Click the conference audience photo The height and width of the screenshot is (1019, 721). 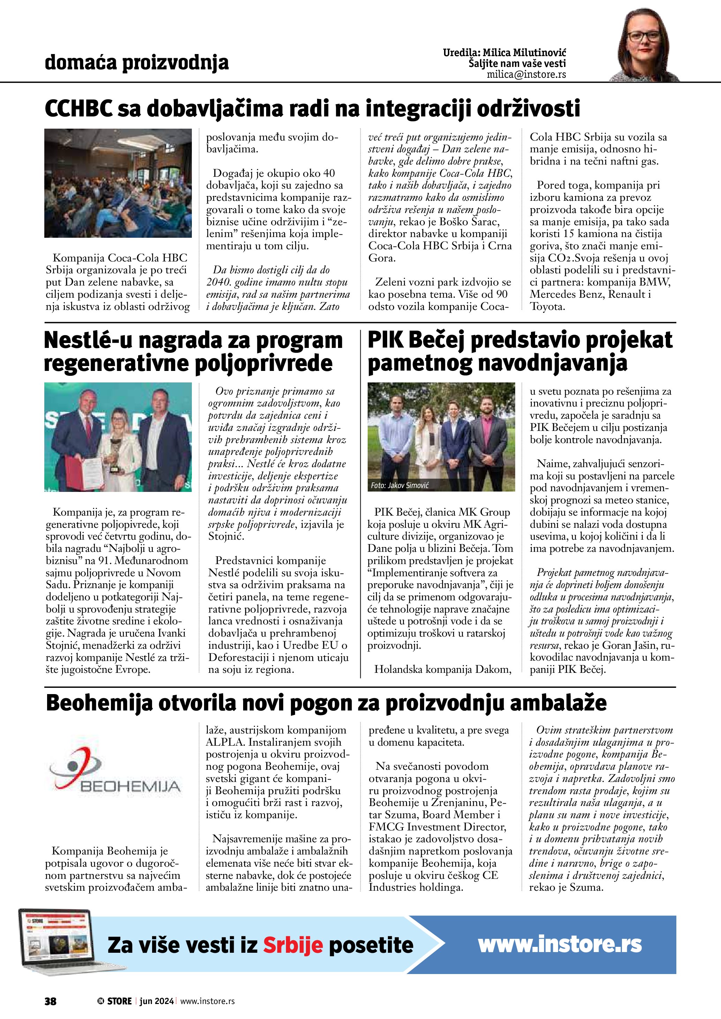[118, 183]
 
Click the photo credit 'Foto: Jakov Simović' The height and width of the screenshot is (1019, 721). [400, 486]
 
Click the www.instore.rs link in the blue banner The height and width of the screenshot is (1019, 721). [559, 944]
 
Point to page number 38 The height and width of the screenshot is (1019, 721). [50, 1001]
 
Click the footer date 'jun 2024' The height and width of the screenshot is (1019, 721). [156, 1001]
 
